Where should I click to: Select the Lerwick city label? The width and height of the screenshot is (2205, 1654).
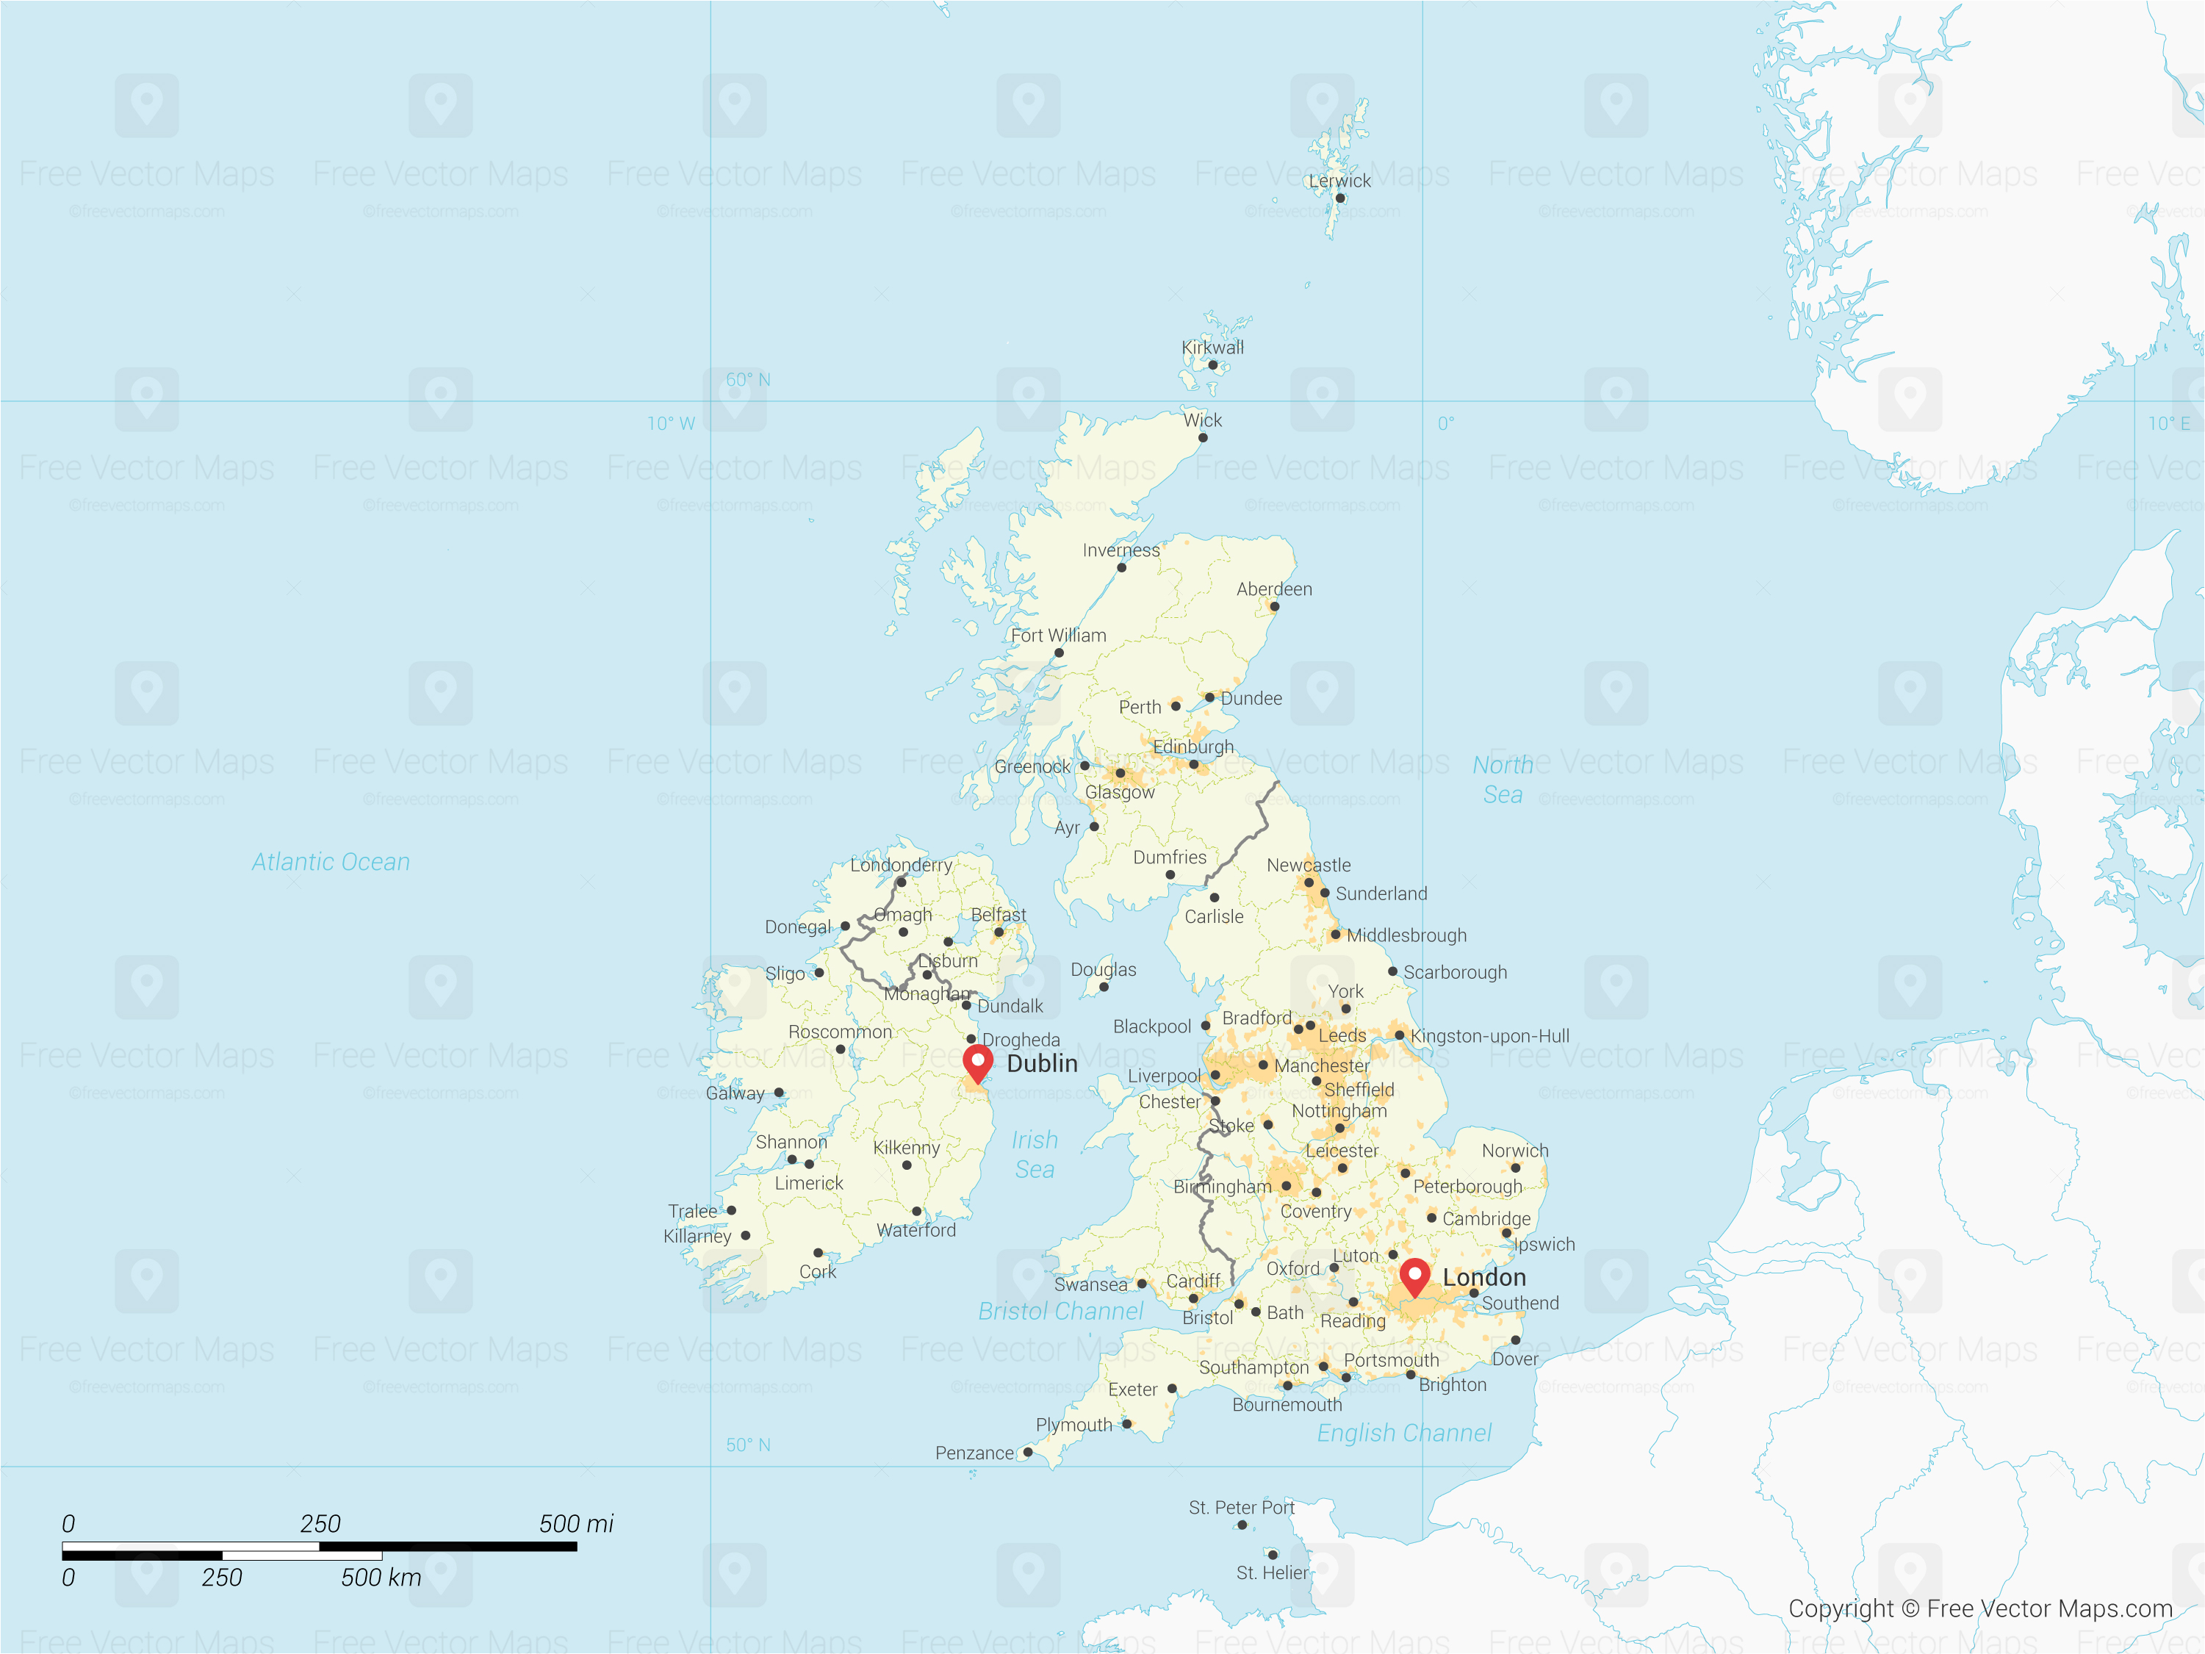[x=1339, y=181]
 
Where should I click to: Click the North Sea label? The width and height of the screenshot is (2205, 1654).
[x=1503, y=780]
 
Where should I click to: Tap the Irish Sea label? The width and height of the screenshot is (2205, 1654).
[x=1035, y=1154]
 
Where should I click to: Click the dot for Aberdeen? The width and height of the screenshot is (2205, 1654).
[x=1274, y=606]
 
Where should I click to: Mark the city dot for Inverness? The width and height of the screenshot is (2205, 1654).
[x=1121, y=567]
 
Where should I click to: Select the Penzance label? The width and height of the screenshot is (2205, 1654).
[x=974, y=1453]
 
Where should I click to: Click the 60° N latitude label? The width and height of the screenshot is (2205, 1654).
[x=748, y=380]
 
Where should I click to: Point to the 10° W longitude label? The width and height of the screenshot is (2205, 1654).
[x=671, y=424]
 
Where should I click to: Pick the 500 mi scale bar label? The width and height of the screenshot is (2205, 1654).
[x=576, y=1523]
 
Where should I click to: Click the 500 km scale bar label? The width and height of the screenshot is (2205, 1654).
[x=381, y=1578]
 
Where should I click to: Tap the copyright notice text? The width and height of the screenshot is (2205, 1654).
[x=1979, y=1608]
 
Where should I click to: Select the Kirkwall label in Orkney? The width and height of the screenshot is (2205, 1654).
[x=1212, y=347]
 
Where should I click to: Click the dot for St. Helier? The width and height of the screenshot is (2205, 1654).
[x=1272, y=1554]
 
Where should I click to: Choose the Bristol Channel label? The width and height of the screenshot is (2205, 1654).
[x=1061, y=1311]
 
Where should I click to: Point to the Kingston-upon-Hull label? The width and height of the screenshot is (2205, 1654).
[x=1489, y=1036]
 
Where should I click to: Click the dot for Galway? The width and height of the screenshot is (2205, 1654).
[x=780, y=1093]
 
